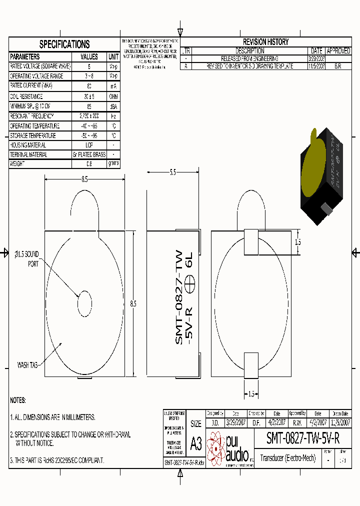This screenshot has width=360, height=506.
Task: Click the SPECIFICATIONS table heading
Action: (64, 44)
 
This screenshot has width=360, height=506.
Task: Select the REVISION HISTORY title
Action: (265, 42)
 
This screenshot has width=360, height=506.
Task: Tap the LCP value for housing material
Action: (89, 145)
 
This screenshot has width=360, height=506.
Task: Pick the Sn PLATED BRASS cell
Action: (89, 154)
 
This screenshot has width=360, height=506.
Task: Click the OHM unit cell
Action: (113, 96)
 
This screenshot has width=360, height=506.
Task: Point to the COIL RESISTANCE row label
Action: (26, 96)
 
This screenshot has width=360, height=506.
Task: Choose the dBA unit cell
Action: (113, 106)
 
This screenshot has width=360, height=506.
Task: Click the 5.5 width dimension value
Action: (172, 172)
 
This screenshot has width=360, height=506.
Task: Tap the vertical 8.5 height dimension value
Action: (133, 303)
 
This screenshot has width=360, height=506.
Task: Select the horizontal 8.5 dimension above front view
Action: (84, 179)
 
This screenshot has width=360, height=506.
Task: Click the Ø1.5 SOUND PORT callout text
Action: (26, 258)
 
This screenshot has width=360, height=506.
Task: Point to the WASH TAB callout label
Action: (27, 365)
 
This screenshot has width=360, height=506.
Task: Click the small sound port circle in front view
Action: (84, 303)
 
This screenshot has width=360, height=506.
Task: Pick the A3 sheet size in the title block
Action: (196, 444)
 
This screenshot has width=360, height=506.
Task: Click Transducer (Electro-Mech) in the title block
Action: (288, 458)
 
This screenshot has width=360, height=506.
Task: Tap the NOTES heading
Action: (18, 400)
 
